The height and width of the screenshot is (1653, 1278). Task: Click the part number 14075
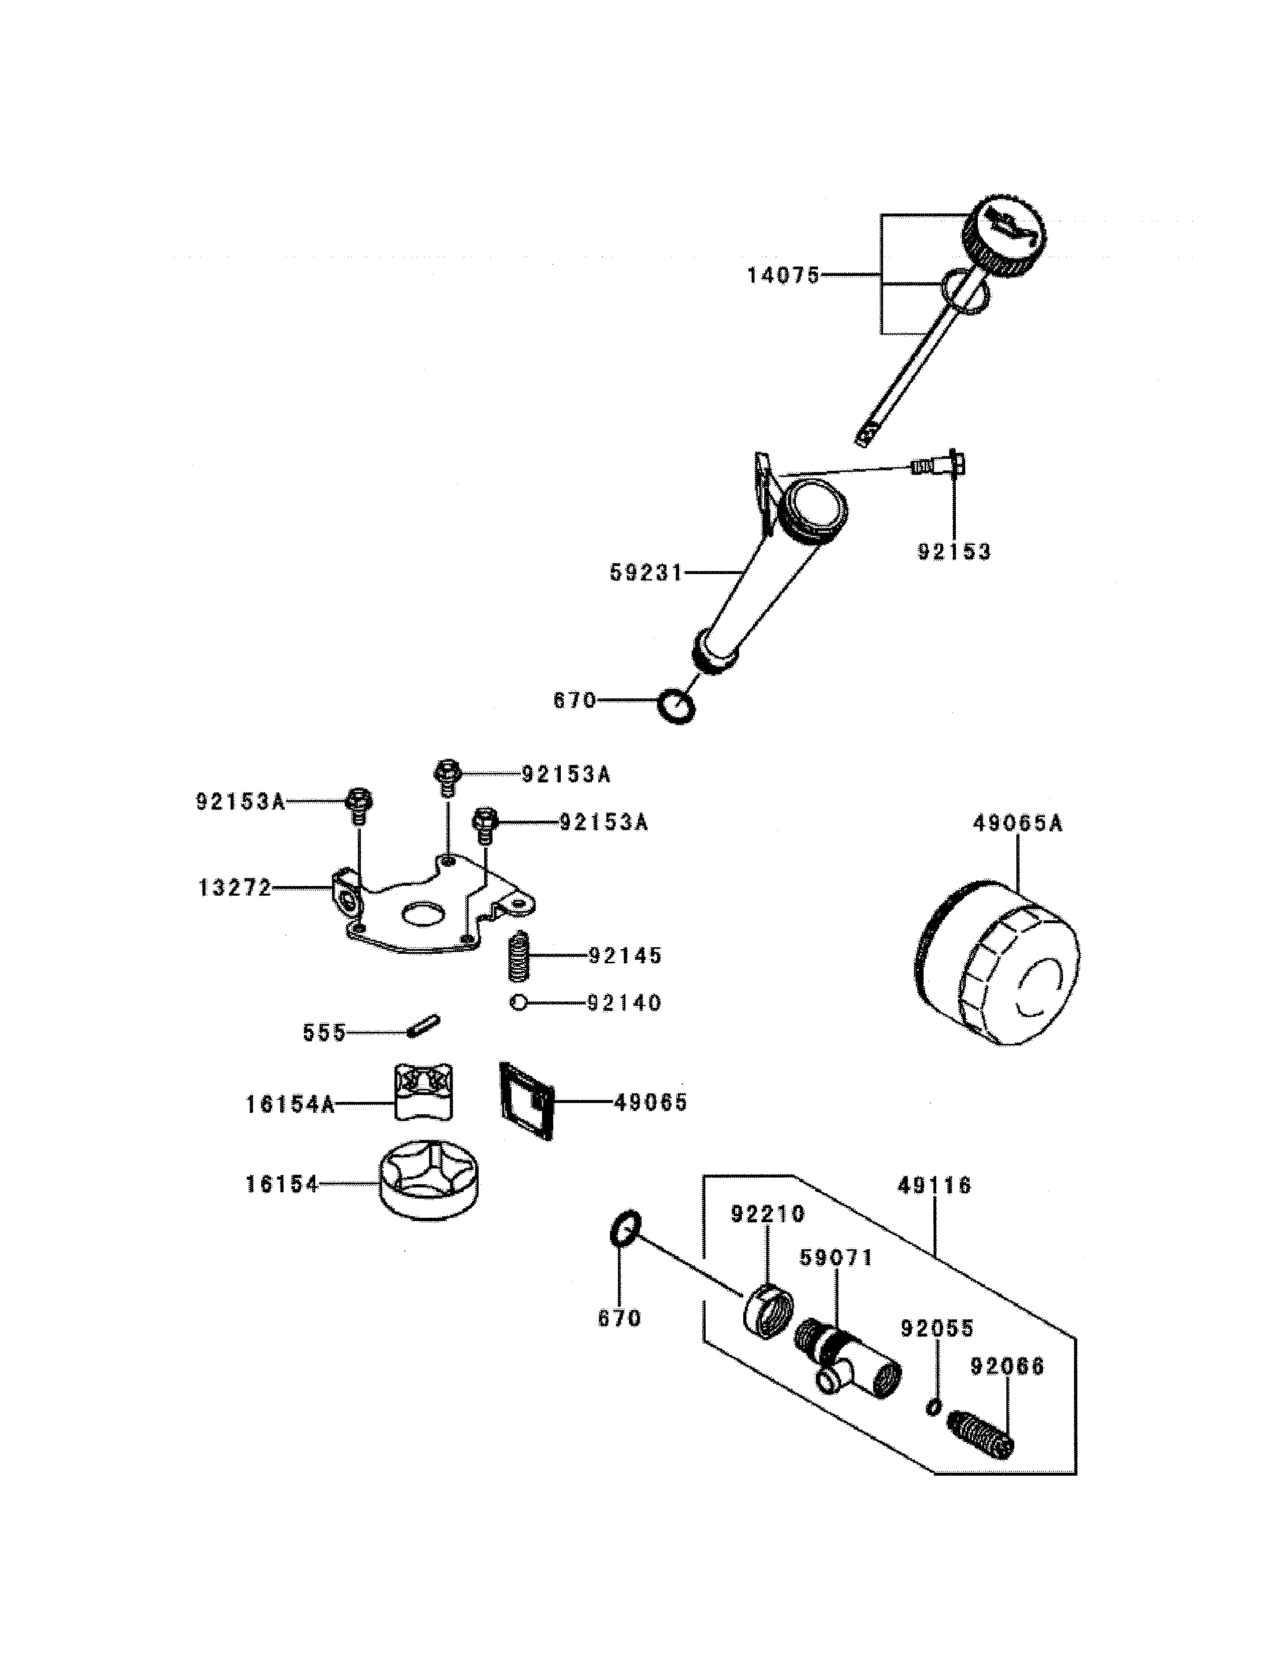click(783, 275)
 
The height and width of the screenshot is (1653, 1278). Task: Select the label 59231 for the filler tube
click(646, 573)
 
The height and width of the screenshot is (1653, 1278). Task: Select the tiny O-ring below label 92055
click(934, 1406)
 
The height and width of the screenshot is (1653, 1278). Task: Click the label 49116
click(934, 1185)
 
